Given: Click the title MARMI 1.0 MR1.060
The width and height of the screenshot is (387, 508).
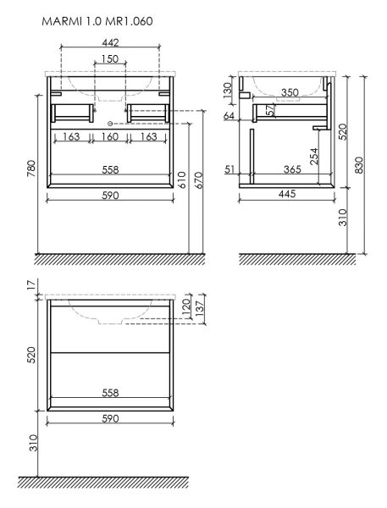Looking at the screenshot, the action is point(97,21).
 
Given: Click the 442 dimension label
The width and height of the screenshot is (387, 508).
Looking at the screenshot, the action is point(111,42).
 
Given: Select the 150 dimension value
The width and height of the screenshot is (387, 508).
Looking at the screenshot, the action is point(110,59).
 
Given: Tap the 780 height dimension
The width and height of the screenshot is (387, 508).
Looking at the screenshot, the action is point(30,168).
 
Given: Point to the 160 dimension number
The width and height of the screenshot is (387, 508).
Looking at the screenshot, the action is point(110,136).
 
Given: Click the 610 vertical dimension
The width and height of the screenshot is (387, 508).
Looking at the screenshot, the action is point(182,179).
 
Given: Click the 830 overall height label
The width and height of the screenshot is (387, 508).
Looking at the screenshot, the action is point(359,165).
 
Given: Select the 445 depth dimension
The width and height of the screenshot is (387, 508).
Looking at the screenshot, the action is point(287,194).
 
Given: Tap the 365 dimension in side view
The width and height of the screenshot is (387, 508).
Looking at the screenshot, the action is point(292,169).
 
